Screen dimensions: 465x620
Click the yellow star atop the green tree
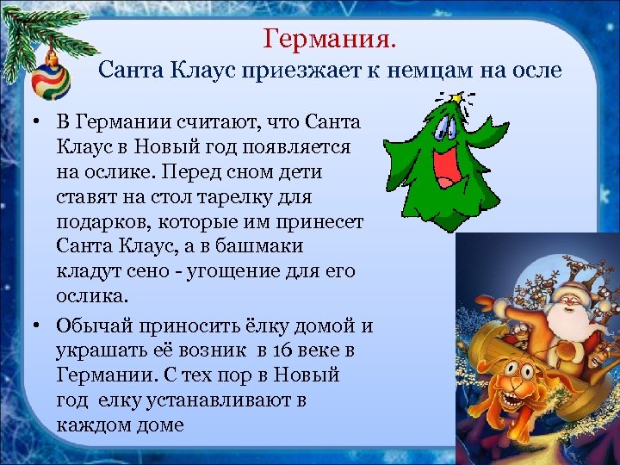pos(473,99)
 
